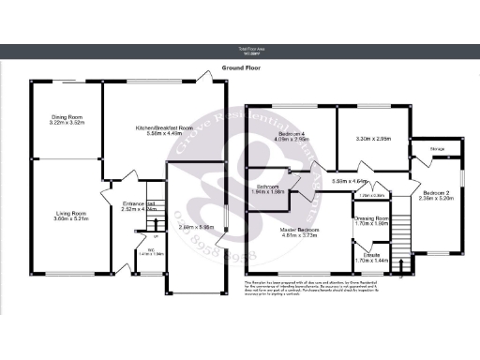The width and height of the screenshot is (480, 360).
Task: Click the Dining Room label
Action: pos(67,118)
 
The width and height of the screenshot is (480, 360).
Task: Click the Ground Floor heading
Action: pos(240,68)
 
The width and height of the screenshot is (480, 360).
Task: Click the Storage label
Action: pos(437,149)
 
